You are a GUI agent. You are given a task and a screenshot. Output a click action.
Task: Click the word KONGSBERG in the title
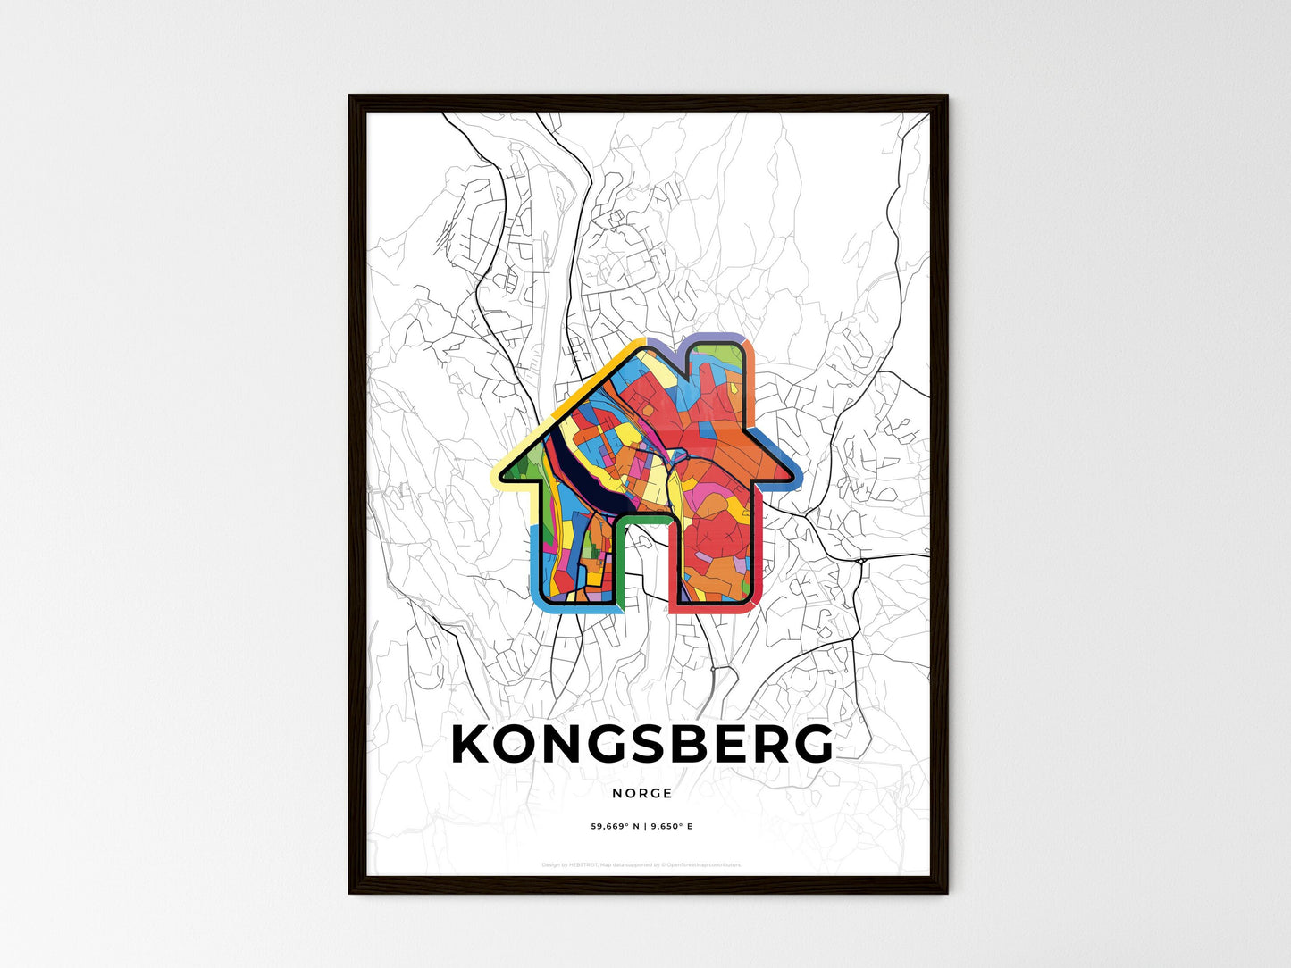coord(642,744)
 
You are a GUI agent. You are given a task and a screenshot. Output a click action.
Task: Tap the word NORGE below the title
coord(642,793)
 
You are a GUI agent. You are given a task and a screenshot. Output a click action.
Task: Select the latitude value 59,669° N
coord(615,826)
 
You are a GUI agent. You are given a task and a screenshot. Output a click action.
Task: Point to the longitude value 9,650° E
coord(670,826)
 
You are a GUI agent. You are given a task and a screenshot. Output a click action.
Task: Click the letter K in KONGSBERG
coord(474,744)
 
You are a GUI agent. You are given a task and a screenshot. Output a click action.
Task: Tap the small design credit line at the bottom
coord(641,864)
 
